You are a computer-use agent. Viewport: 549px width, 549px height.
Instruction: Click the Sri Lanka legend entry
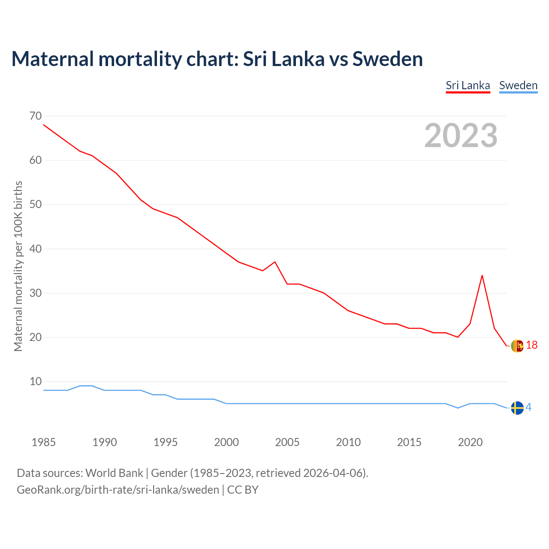pos(468,85)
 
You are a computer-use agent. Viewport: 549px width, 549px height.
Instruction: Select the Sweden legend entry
pos(518,85)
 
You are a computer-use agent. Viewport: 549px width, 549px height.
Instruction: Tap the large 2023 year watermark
pos(461,136)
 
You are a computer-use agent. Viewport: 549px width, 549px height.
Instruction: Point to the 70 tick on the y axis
pos(36,116)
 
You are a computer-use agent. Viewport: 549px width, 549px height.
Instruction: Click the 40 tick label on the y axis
pos(36,249)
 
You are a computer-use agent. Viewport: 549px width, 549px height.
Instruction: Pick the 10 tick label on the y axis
pos(36,381)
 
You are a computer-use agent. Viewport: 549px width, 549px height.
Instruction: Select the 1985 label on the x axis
pos(44,442)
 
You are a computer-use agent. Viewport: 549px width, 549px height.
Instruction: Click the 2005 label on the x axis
pos(287,442)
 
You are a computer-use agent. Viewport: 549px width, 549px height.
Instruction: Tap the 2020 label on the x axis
pos(470,442)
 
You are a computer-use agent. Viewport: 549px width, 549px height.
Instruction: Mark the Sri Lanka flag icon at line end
pos(517,345)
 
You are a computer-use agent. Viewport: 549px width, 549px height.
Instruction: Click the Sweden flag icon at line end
pos(517,408)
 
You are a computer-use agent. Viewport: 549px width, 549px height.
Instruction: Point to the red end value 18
pos(531,345)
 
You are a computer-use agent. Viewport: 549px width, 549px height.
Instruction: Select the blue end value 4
pos(529,407)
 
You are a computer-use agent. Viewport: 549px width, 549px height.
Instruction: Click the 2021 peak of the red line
pos(482,275)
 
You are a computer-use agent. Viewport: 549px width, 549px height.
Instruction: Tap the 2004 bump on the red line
pos(275,262)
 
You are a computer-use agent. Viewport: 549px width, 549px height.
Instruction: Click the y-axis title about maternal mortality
pos(18,266)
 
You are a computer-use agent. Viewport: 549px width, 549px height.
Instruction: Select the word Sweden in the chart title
pos(387,59)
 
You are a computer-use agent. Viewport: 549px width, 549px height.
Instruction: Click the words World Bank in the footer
pos(114,473)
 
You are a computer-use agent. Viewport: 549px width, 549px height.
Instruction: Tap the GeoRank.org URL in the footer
pos(118,490)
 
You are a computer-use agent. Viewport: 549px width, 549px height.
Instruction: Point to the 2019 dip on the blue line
pos(458,408)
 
